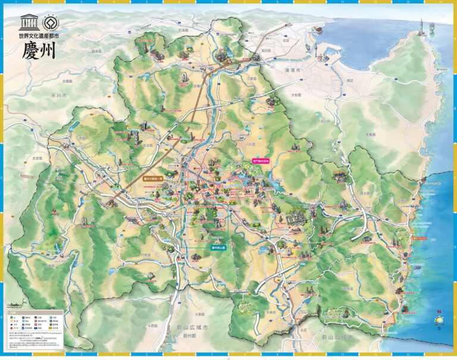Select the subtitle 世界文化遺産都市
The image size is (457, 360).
tap(39, 35)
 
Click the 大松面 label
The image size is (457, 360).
tap(296, 95)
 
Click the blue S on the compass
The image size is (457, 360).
tap(439, 327)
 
